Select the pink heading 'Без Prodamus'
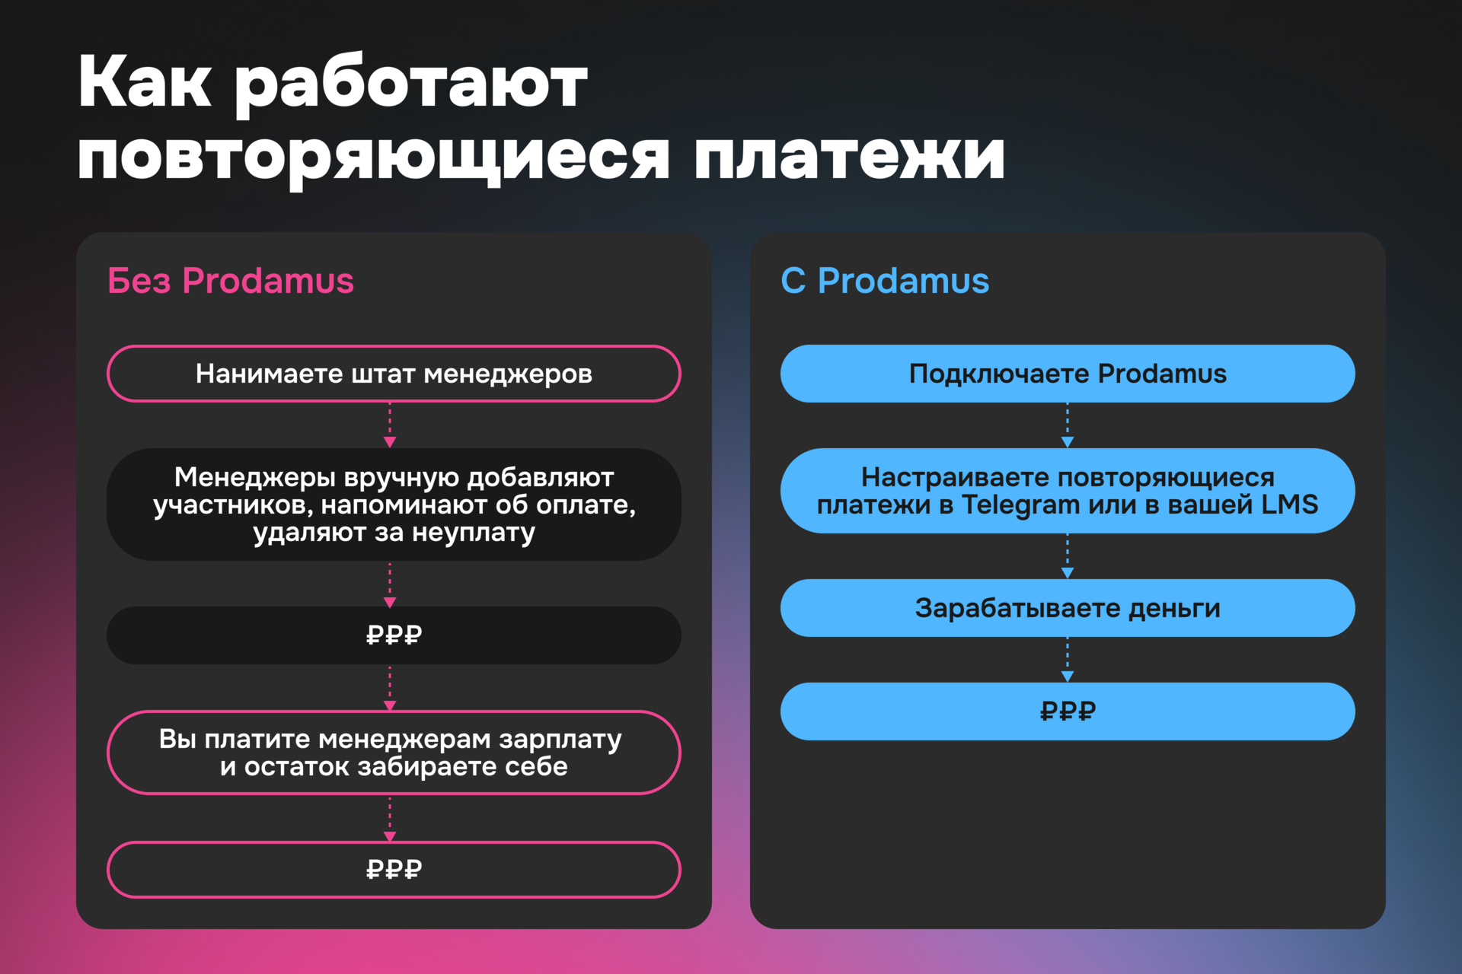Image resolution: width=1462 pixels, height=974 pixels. (x=231, y=281)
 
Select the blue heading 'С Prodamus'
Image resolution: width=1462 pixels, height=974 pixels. (x=885, y=281)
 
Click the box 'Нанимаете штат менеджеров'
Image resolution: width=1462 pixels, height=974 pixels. (x=394, y=374)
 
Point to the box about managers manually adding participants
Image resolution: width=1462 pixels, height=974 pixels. (x=394, y=505)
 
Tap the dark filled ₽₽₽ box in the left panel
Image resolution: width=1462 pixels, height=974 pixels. (x=394, y=635)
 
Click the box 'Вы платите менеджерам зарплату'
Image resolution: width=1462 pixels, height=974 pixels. (x=394, y=753)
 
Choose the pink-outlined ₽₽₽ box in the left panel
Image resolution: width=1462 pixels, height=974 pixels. (x=394, y=870)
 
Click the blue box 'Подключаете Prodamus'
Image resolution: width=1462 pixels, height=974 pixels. (x=1068, y=374)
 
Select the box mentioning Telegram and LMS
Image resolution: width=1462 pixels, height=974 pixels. (x=1068, y=491)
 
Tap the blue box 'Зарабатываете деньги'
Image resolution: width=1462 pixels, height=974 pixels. (x=1068, y=608)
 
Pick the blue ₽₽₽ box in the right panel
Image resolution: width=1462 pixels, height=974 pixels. (x=1068, y=711)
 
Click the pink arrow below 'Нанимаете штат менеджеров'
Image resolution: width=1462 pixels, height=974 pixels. (x=390, y=427)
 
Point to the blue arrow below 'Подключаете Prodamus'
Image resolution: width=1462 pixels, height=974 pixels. (x=1068, y=427)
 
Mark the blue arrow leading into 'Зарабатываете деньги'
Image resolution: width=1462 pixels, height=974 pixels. (x=1068, y=557)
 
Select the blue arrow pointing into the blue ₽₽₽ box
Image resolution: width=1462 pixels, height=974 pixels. (x=1068, y=661)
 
